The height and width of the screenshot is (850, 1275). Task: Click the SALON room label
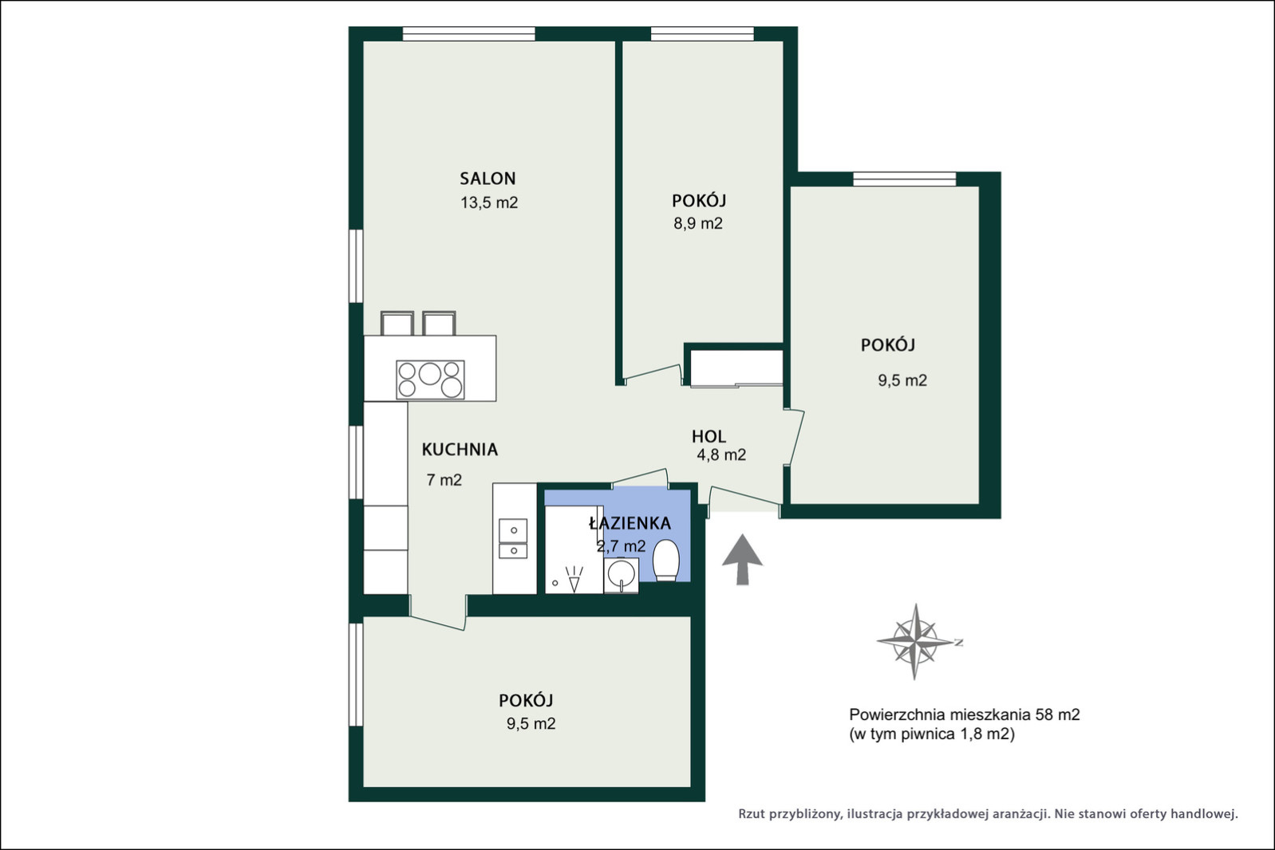(x=487, y=179)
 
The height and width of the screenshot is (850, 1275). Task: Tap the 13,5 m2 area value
(x=489, y=203)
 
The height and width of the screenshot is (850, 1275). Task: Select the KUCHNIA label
(x=460, y=450)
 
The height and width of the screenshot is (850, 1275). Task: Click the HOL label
(x=709, y=436)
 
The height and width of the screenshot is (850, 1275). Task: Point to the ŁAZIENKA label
(x=630, y=523)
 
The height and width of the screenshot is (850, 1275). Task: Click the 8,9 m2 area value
(x=698, y=223)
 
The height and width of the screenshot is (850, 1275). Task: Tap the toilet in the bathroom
(x=665, y=561)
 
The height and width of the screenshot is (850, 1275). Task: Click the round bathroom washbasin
(x=621, y=574)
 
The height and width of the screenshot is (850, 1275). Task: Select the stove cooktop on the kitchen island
(x=430, y=380)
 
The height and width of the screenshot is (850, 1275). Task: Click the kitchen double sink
(x=513, y=538)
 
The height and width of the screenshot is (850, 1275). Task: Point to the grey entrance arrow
(x=742, y=559)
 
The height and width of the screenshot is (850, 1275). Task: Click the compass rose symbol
(x=914, y=642)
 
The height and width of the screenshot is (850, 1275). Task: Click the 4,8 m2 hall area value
(x=721, y=455)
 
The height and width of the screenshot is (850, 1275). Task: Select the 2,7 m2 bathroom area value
(x=621, y=547)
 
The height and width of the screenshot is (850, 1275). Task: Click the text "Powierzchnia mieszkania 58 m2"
(x=964, y=714)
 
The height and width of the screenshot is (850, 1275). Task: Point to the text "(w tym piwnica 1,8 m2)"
(x=932, y=734)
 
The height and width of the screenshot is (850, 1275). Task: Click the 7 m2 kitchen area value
(x=444, y=480)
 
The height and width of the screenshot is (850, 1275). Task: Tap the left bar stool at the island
(x=397, y=324)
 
